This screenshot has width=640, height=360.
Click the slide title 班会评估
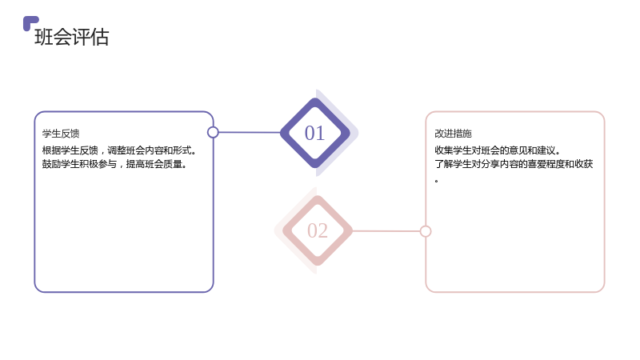pos(72,37)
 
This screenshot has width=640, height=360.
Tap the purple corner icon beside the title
pos(30,22)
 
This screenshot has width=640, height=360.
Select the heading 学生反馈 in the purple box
pos(61,134)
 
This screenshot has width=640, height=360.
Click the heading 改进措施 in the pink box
pos(453,134)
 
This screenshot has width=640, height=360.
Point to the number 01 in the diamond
pos(314,133)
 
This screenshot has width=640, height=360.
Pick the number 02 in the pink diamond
pos(318,230)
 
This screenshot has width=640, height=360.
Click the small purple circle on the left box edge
pos(213,132)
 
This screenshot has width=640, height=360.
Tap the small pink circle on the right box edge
pos(426,231)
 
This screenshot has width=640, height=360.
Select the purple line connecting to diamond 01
pos(250,132)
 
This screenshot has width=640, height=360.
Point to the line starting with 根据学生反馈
pos(119,150)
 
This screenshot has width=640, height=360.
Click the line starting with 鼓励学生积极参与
pos(114,164)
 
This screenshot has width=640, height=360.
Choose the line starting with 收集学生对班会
pos(497,150)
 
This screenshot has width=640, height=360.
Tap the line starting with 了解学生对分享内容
pos(514,164)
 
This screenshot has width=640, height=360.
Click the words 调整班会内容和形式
pos(150,150)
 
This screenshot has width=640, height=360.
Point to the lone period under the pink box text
pos(436,181)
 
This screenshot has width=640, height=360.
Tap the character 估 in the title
pos(99,37)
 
